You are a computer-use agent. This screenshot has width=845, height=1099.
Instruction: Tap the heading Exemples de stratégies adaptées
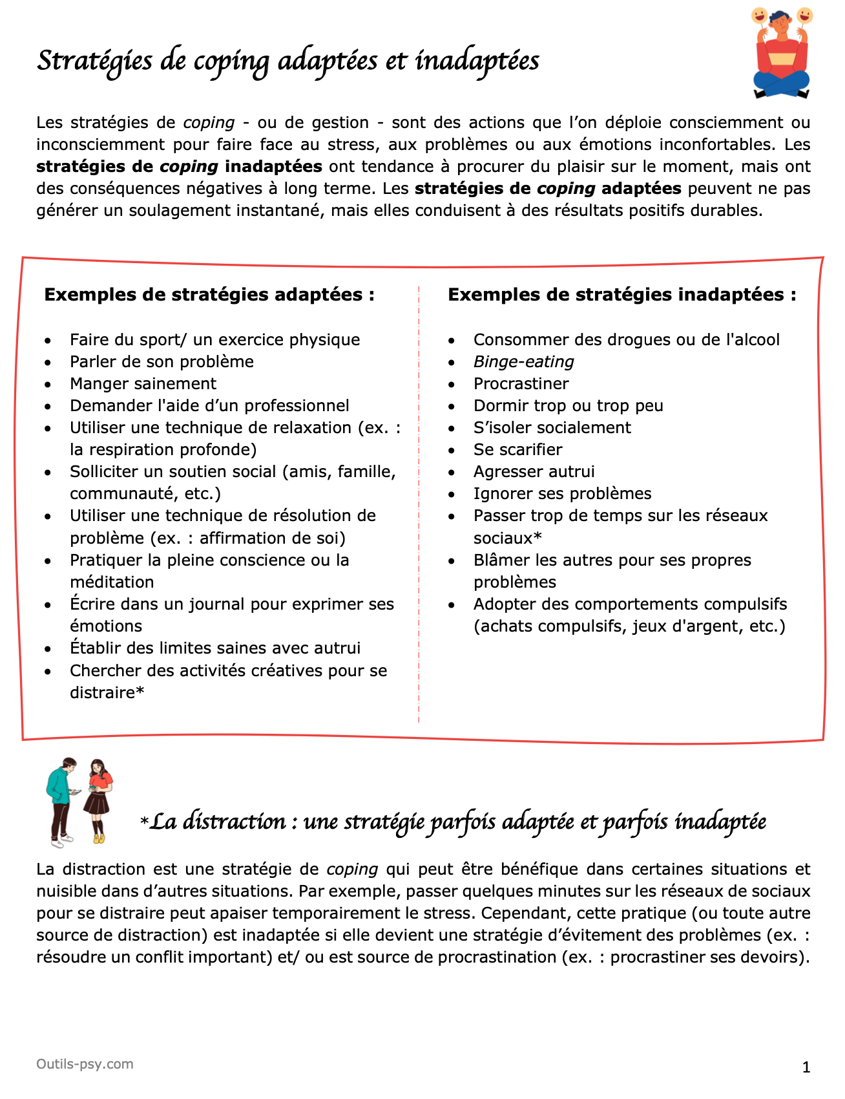[209, 295]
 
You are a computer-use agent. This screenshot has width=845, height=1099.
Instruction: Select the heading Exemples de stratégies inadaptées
[621, 295]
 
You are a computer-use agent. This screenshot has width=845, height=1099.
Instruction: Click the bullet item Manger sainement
[143, 384]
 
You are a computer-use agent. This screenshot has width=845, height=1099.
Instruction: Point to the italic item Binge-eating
[523, 362]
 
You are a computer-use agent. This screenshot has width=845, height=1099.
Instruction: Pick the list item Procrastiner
[521, 384]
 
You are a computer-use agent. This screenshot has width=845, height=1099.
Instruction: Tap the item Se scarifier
[517, 450]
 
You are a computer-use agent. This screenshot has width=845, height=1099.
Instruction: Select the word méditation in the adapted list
[112, 582]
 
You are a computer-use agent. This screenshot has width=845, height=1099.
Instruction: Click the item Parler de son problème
[162, 362]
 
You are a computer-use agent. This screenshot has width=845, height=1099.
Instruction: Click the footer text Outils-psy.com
[85, 1064]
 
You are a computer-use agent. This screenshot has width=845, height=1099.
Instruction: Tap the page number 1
[806, 1067]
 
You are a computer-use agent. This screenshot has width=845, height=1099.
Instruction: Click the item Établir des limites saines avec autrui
[215, 648]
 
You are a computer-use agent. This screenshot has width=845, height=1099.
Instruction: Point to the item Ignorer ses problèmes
[562, 494]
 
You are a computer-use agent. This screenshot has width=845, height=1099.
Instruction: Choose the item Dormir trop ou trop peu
[568, 406]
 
